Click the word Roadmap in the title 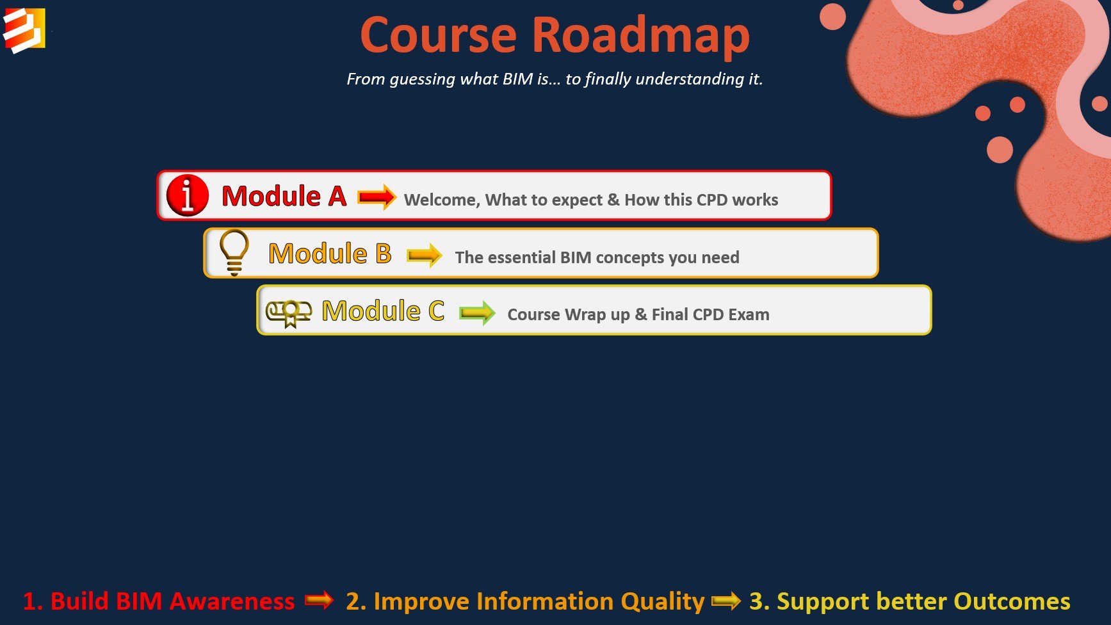[x=640, y=35]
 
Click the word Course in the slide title [x=439, y=35]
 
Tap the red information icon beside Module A [x=187, y=195]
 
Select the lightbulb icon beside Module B [x=234, y=252]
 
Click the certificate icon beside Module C [x=289, y=312]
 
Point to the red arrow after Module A [x=377, y=197]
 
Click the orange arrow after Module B [x=424, y=256]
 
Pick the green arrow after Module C [x=477, y=313]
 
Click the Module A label [x=284, y=196]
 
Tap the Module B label [x=330, y=254]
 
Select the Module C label [x=383, y=311]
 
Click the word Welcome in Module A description [x=441, y=200]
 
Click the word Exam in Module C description [x=749, y=314]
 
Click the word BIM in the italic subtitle [x=517, y=79]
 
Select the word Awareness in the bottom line [x=232, y=601]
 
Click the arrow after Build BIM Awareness [x=319, y=601]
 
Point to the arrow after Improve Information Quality [x=726, y=601]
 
